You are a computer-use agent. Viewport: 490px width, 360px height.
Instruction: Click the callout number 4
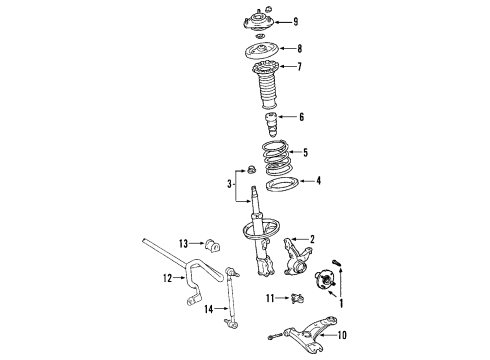(x=318, y=181)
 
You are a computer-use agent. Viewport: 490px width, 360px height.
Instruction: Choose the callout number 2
(x=312, y=238)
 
